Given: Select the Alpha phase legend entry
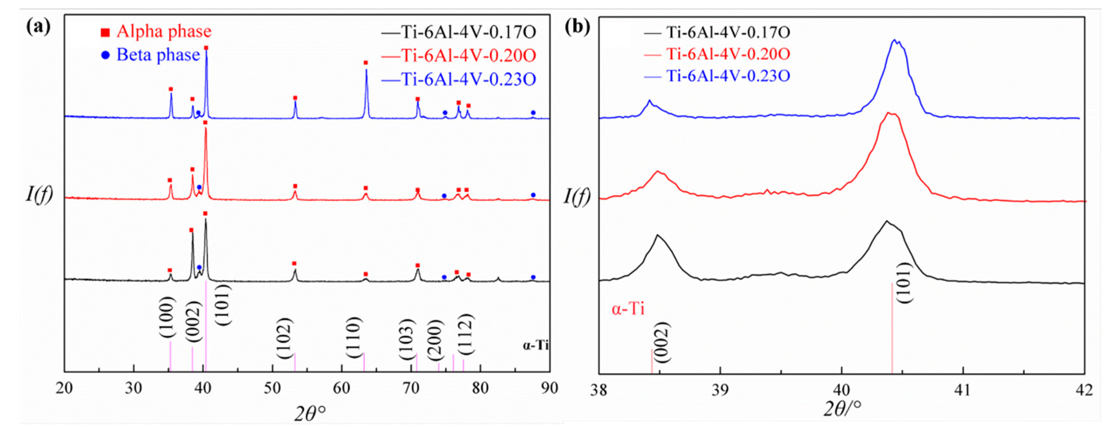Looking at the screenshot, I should click(x=156, y=32).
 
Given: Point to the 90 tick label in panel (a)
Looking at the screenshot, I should click(x=549, y=388).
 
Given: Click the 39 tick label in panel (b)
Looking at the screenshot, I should click(x=720, y=391).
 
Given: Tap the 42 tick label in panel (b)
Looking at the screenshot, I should click(x=1084, y=391).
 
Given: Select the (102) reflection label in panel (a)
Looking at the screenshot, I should click(x=284, y=338).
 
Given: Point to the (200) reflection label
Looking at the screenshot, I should click(x=435, y=340).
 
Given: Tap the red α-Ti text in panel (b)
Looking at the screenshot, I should click(x=627, y=309).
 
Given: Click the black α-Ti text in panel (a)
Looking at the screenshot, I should click(x=535, y=346).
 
